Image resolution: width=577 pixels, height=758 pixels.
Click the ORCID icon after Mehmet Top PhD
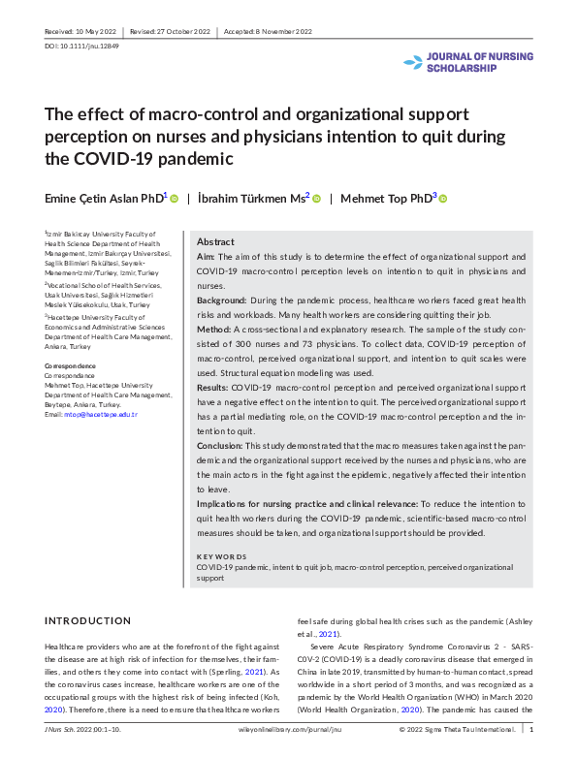[443, 198]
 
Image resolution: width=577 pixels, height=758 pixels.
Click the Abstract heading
[215, 241]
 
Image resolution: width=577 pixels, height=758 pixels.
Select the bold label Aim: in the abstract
[206, 257]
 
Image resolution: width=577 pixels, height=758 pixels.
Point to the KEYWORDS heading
[221, 556]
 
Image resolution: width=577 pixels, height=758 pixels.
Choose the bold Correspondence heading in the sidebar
[70, 364]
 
